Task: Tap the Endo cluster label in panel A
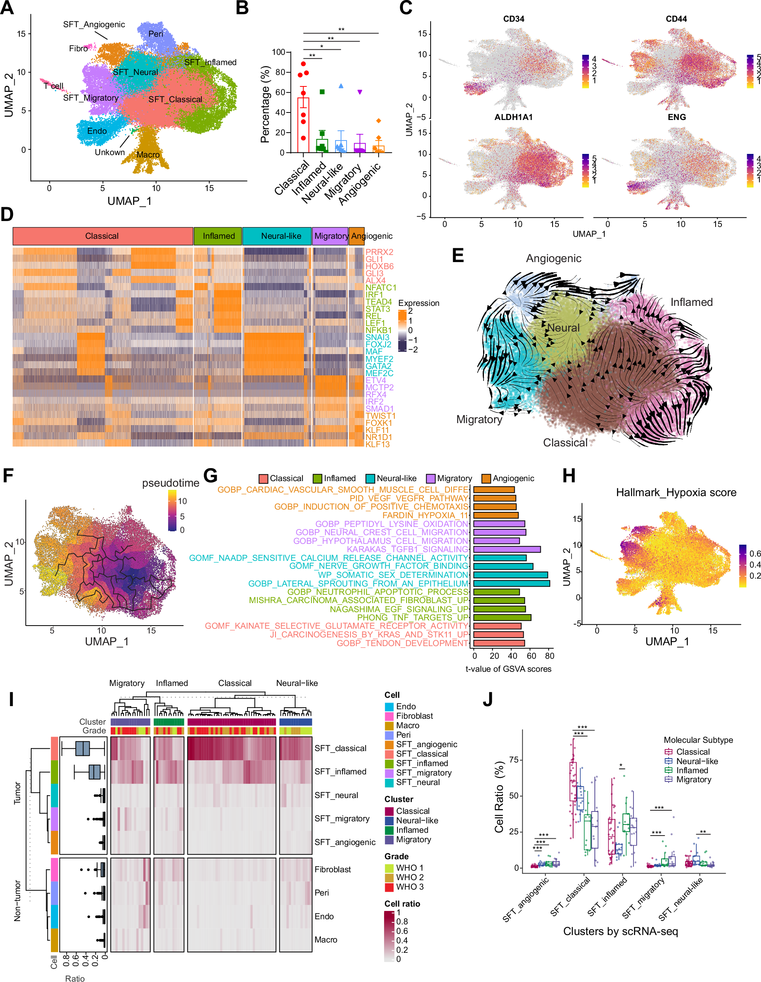pyautogui.click(x=97, y=131)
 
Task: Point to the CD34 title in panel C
pyautogui.click(x=513, y=19)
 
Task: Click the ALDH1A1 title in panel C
pyautogui.click(x=513, y=117)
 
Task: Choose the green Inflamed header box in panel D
pyautogui.click(x=218, y=236)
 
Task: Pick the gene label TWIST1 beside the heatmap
pyautogui.click(x=380, y=416)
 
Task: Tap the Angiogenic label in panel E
pyautogui.click(x=553, y=259)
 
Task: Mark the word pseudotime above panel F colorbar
pyautogui.click(x=171, y=483)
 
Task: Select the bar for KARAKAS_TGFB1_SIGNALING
pyautogui.click(x=506, y=549)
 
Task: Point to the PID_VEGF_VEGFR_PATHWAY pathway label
pyautogui.click(x=409, y=498)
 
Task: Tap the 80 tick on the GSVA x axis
pyautogui.click(x=549, y=656)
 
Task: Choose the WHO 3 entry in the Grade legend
pyautogui.click(x=409, y=886)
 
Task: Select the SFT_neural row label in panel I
pyautogui.click(x=336, y=795)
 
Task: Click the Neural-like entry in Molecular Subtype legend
pyautogui.click(x=697, y=761)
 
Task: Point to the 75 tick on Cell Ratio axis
pyautogui.click(x=514, y=760)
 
